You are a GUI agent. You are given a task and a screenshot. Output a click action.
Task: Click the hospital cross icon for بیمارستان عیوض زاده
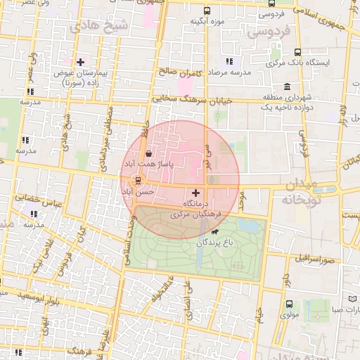tap(81, 62)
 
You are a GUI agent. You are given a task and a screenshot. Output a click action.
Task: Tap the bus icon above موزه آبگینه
tap(206, 11)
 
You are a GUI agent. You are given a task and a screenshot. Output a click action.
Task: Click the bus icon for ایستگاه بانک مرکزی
tap(298, 52)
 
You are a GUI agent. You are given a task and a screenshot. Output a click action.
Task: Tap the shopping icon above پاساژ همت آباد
tap(148, 154)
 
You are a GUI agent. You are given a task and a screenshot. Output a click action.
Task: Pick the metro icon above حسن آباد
tap(137, 180)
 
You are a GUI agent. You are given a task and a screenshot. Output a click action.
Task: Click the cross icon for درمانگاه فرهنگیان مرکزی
tap(195, 191)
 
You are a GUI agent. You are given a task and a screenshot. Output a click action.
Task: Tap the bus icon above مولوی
tap(290, 304)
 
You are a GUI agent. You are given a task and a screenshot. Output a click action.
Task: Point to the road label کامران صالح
tap(180, 72)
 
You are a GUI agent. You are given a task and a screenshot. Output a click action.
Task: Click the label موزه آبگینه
tap(205, 22)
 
